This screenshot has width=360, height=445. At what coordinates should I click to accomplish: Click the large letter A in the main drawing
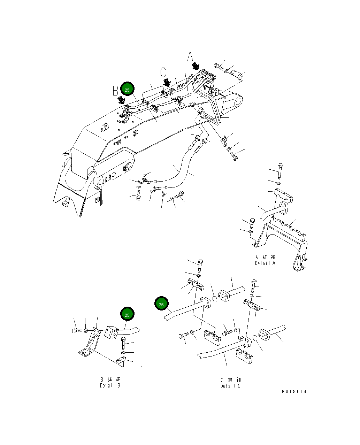tap(190, 57)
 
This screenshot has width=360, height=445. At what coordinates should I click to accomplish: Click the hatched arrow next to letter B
tap(121, 100)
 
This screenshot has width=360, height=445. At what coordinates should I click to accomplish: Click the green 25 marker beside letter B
tap(127, 90)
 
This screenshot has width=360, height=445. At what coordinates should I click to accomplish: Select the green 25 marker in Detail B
tap(127, 315)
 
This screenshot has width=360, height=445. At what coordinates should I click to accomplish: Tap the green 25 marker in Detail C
tap(161, 304)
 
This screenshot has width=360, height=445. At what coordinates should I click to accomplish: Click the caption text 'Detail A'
tap(265, 263)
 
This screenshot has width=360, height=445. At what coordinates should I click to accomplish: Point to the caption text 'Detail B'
tap(110, 385)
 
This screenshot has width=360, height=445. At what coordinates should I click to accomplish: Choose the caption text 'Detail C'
tap(230, 386)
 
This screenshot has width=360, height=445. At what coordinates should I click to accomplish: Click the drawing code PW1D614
tap(294, 392)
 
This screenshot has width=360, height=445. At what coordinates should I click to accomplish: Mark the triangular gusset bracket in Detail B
tap(89, 343)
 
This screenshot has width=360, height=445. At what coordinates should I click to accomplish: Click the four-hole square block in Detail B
tap(112, 332)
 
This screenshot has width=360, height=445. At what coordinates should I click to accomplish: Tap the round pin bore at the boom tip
tap(238, 102)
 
